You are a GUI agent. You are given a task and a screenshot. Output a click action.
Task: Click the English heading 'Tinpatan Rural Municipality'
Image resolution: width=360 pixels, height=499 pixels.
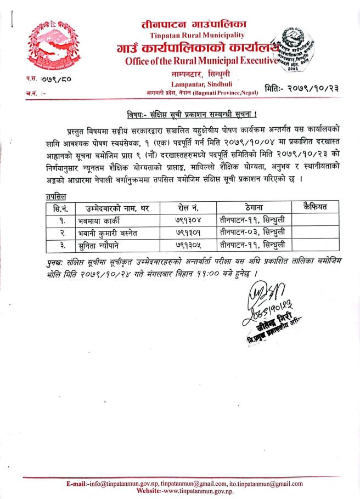(180, 37)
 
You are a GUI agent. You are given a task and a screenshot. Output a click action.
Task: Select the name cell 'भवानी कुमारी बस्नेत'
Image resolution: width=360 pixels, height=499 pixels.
(107, 234)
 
